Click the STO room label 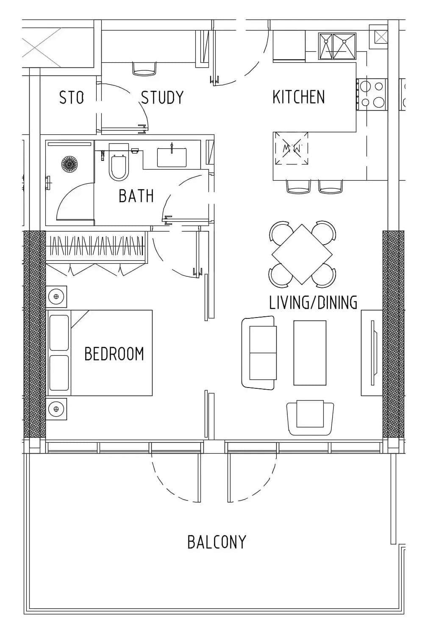click(72, 98)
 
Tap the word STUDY click(162, 98)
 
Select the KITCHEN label click(299, 97)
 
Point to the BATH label click(136, 196)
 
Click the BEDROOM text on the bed click(114, 354)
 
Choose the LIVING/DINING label click(313, 302)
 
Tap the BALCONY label click(217, 542)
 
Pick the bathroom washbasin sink click(172, 156)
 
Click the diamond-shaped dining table click(302, 254)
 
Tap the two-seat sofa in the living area click(259, 353)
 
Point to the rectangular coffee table click(310, 353)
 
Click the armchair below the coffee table click(310, 418)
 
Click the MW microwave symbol click(290, 149)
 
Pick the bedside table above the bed click(56, 297)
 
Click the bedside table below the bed click(56, 409)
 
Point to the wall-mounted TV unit click(372, 353)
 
